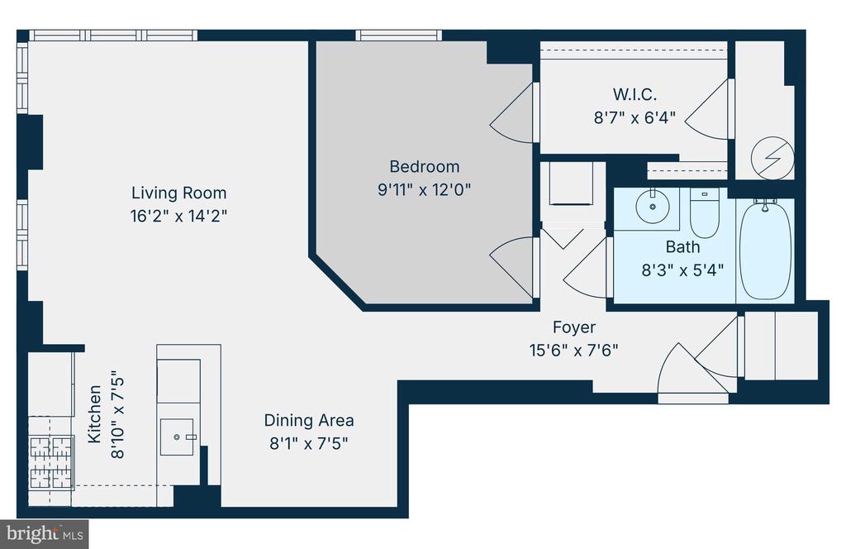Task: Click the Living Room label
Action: [x=178, y=193]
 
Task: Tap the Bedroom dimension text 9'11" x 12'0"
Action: [x=424, y=189]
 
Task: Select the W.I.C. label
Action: [x=634, y=94]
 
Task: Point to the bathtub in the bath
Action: [x=765, y=250]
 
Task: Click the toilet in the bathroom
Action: [x=705, y=214]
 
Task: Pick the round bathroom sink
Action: [x=653, y=206]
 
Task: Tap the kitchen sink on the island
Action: [x=177, y=437]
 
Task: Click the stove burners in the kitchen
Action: [x=50, y=462]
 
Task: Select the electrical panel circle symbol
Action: [x=772, y=158]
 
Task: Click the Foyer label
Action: [x=574, y=327]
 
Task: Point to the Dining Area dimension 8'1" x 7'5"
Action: [x=309, y=444]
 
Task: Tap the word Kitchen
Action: [x=94, y=413]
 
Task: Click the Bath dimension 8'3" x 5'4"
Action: [x=682, y=270]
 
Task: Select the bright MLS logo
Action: [x=45, y=534]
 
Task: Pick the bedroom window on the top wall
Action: [x=399, y=36]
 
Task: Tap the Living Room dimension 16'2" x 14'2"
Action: [x=178, y=216]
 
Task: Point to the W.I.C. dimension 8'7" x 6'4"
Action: [x=634, y=117]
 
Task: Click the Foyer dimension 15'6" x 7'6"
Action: [x=573, y=351]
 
